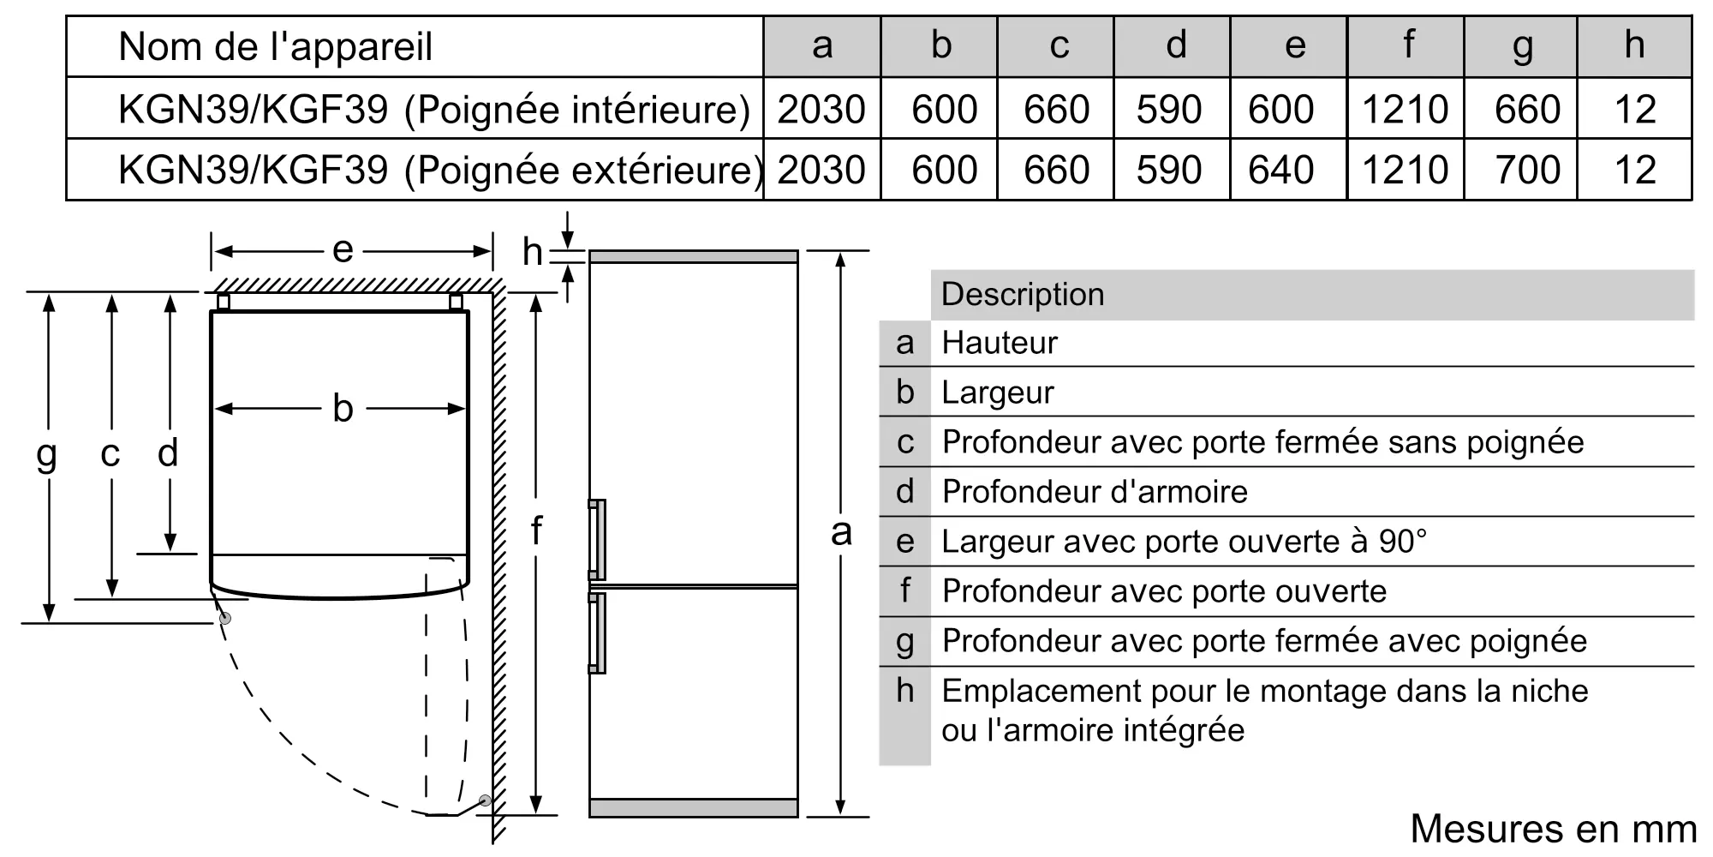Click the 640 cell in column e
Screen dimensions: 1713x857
point(1280,170)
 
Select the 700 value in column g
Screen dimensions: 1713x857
point(1527,170)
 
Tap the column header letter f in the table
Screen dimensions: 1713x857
point(1407,45)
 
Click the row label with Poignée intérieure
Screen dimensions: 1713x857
point(434,109)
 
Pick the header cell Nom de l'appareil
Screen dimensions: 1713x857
point(275,46)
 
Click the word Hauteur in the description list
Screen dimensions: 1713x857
point(999,343)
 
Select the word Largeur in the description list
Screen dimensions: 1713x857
point(997,393)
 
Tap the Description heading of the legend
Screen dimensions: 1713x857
point(1022,294)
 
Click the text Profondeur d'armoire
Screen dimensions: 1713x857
point(1094,492)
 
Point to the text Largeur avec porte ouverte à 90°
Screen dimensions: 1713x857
point(1184,542)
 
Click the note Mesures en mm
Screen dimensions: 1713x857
point(1553,829)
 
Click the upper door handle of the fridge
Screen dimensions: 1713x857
point(597,540)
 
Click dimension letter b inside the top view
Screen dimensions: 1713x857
point(343,409)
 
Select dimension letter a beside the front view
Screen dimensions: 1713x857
point(841,532)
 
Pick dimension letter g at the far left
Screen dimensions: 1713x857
point(47,452)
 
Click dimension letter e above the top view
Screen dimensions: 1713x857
point(343,250)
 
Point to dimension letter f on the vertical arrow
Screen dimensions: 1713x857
point(536,530)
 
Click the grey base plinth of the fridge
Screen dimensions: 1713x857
point(693,807)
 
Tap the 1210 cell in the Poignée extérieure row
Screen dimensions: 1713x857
point(1405,170)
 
